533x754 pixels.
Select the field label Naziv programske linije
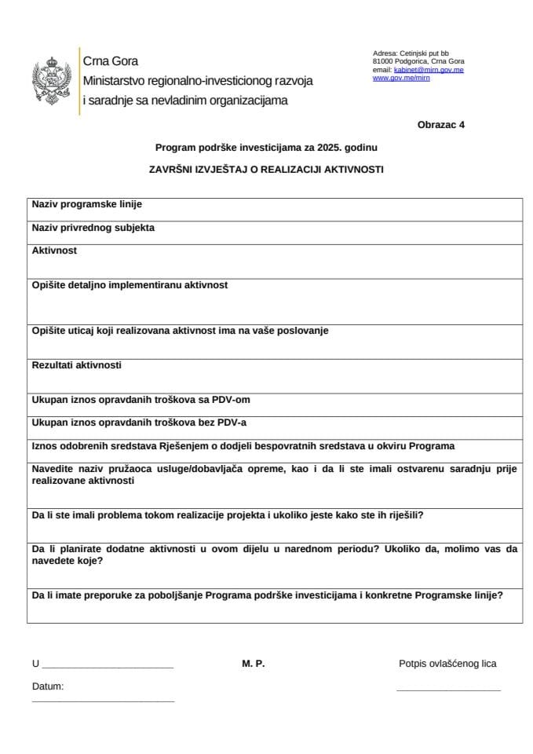click(x=86, y=205)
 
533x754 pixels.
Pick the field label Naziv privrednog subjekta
click(x=93, y=228)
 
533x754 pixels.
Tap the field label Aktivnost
click(x=54, y=251)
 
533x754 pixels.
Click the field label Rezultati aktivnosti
click(x=76, y=365)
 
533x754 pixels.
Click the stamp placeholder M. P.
click(x=254, y=664)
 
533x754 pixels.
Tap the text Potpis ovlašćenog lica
click(x=447, y=664)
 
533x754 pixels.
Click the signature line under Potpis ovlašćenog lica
click(x=448, y=690)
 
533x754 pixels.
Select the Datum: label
click(x=48, y=686)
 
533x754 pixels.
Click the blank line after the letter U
click(x=107, y=667)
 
